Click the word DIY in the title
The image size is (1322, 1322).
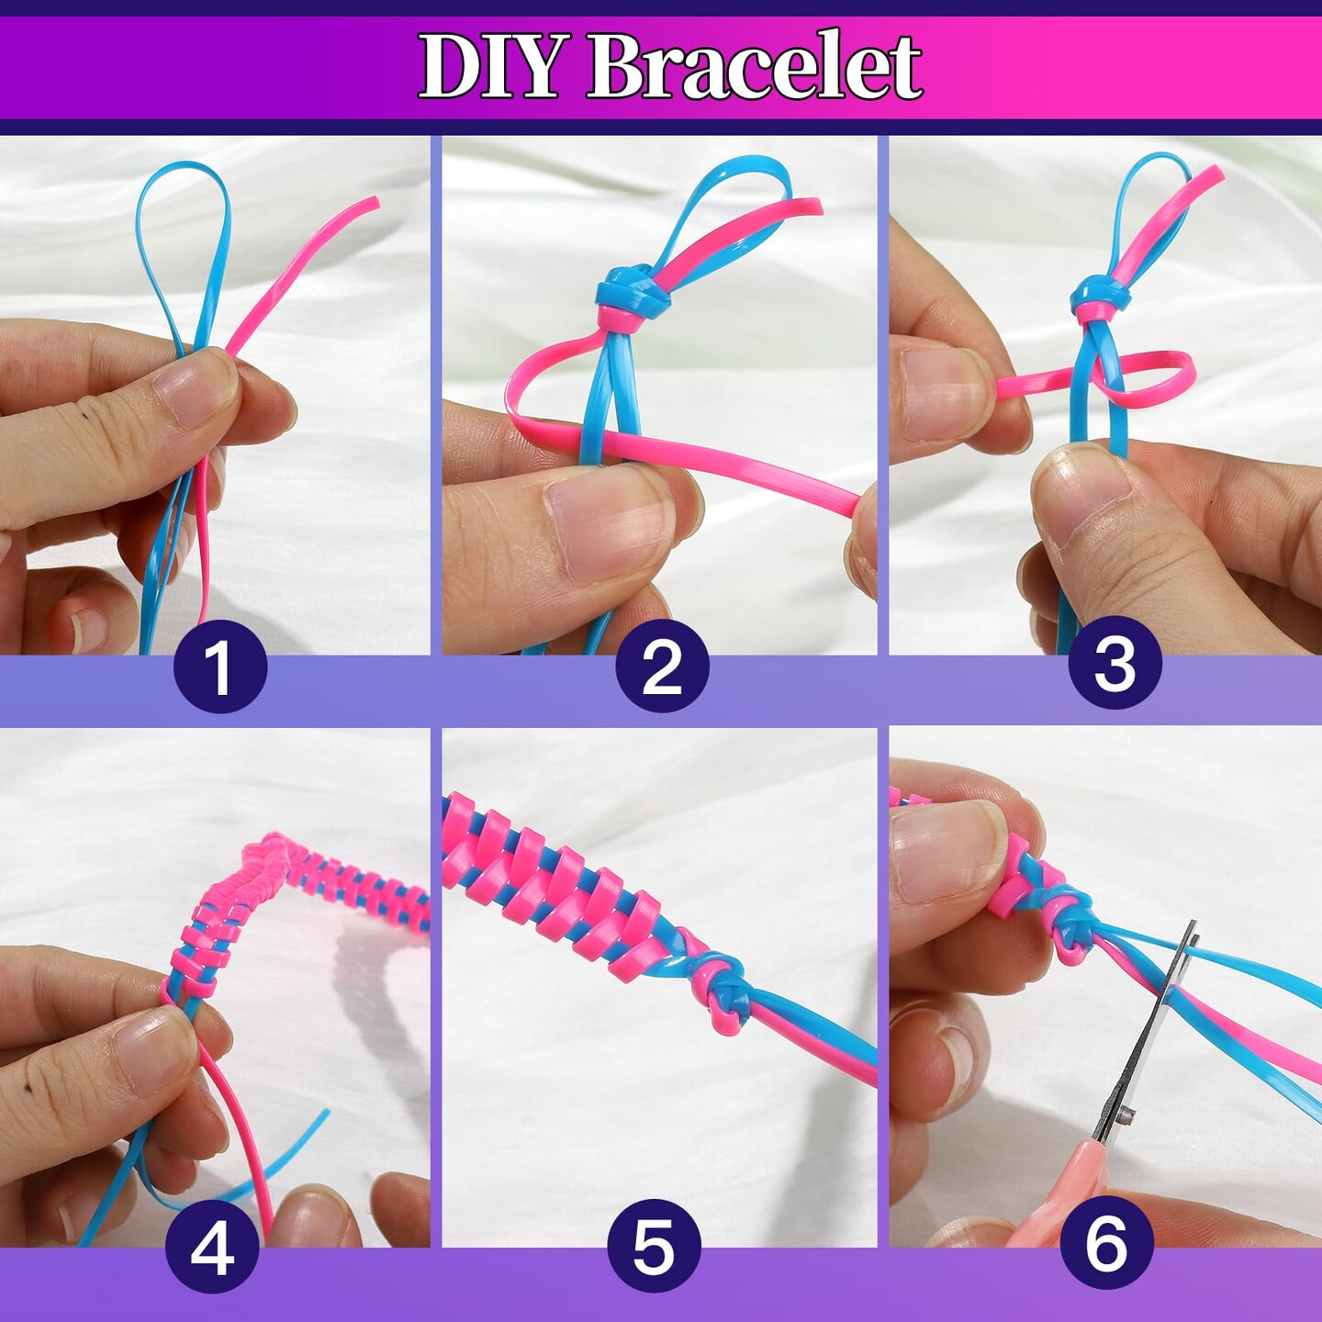(489, 66)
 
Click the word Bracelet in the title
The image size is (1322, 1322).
(755, 66)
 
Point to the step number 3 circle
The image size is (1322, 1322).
(1115, 663)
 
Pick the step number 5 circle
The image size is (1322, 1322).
(653, 1247)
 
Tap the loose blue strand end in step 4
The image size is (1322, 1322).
(323, 1115)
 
